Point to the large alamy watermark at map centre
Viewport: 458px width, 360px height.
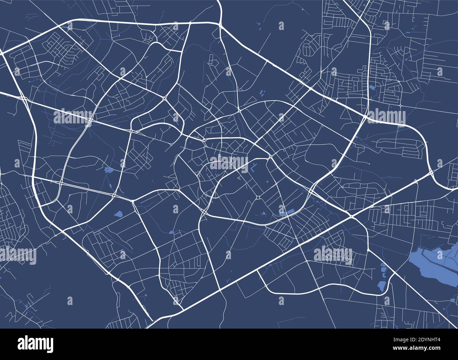click(229, 163)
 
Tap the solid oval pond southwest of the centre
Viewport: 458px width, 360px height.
click(118, 214)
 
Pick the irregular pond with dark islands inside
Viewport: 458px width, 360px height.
click(108, 171)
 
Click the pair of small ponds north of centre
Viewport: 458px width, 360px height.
click(262, 93)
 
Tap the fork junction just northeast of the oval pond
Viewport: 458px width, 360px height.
click(133, 201)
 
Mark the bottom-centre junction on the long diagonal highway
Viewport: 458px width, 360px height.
click(220, 290)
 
